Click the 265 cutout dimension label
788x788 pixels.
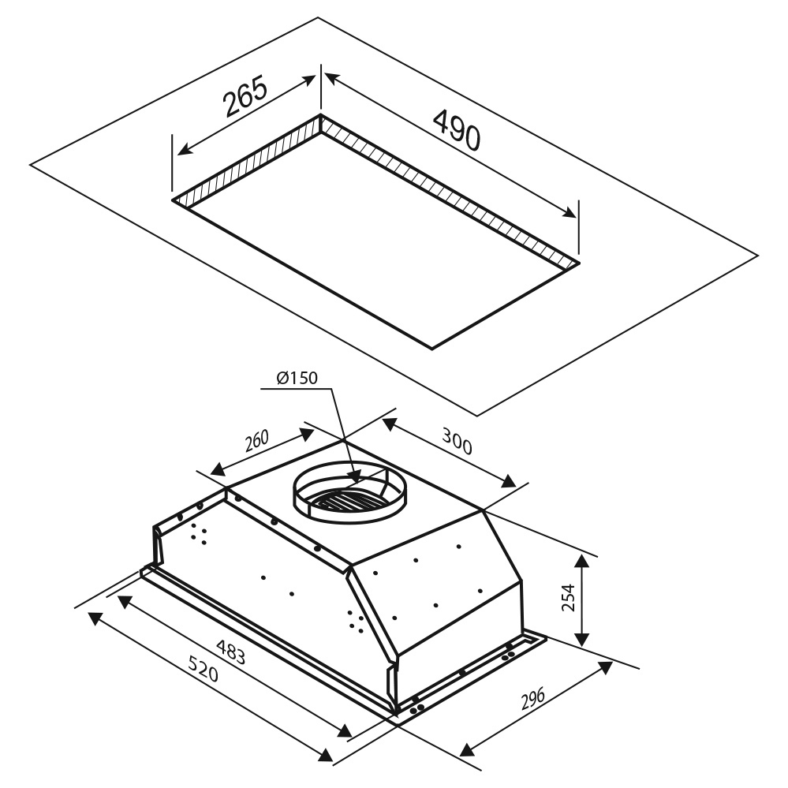[245, 96]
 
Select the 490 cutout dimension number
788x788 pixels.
[457, 131]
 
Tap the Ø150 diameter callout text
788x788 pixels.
[297, 377]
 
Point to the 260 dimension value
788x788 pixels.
[257, 441]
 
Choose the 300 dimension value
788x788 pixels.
[457, 441]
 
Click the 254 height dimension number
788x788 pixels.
[567, 597]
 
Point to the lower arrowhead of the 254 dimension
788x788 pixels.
[582, 639]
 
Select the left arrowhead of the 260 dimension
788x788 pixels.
[218, 469]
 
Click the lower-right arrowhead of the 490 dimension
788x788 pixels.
[570, 212]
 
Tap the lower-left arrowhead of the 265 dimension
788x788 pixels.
[185, 149]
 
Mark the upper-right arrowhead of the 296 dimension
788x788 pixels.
[606, 667]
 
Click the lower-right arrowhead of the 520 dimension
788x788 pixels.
[327, 754]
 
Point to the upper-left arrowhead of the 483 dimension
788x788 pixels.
[124, 601]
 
